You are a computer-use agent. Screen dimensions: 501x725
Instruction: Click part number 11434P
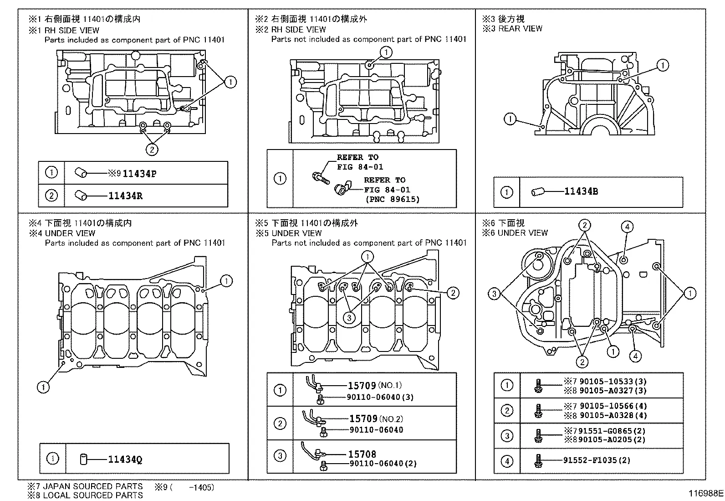click(139, 174)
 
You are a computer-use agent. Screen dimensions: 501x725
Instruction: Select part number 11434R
click(126, 196)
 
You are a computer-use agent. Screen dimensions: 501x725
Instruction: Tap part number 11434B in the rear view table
click(581, 191)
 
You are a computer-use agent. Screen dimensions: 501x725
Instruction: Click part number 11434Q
click(125, 459)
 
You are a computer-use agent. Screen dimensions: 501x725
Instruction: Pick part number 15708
click(362, 454)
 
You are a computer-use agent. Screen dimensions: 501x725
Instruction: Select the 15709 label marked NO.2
click(363, 418)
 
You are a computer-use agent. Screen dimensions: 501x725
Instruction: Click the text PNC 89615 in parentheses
click(392, 199)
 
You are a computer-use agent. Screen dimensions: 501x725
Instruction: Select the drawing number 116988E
click(705, 493)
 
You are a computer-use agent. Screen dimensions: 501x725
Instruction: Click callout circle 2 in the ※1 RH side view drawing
click(152, 149)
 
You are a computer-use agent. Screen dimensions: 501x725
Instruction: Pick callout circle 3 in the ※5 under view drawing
click(349, 318)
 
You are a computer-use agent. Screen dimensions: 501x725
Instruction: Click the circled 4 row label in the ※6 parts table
click(507, 461)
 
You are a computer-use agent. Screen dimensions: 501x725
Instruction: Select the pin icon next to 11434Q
click(83, 459)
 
